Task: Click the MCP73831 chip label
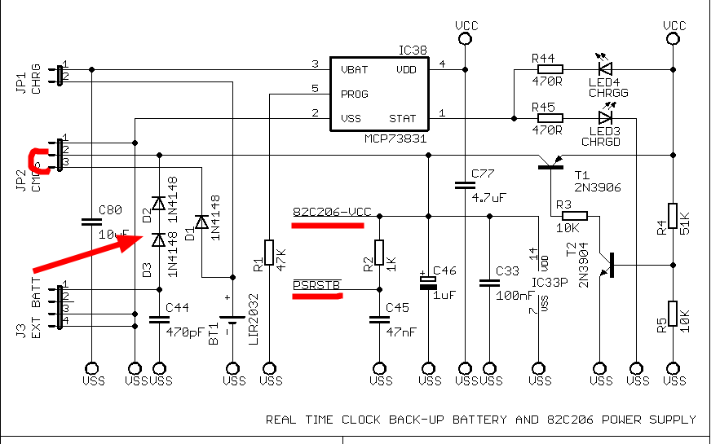[395, 139]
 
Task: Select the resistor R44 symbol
[549, 70]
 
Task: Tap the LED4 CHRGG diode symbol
[605, 70]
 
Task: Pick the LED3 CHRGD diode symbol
[605, 118]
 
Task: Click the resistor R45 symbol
[549, 118]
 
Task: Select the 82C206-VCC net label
[331, 213]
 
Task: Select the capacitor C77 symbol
[463, 186]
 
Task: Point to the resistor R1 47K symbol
[269, 253]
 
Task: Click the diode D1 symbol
[201, 222]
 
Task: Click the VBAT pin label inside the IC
[355, 70]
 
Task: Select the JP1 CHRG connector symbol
[60, 73]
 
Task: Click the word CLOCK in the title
[361, 420]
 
